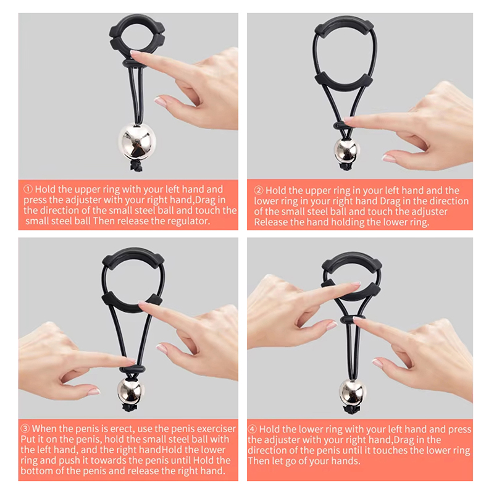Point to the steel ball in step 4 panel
pos(353,392)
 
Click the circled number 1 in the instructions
pos(28,189)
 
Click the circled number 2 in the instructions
pos(258,190)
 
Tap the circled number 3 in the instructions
pos(25,429)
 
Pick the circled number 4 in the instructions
pos(253,429)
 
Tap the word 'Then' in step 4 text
pos(257,461)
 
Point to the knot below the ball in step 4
pos(352,409)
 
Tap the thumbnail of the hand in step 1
pos(161,101)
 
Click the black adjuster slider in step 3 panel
pos(132,369)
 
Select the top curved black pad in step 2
pos(344,25)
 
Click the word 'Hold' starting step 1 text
pos(45,189)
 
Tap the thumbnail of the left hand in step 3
pos(94,391)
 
